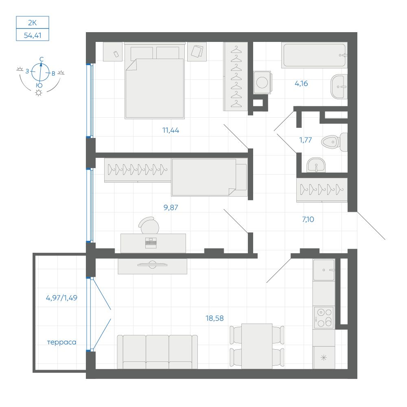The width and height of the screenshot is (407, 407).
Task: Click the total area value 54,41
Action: [x=33, y=35]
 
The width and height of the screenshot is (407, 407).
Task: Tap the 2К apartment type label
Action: [x=33, y=22]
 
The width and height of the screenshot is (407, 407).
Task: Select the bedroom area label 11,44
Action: [x=171, y=130]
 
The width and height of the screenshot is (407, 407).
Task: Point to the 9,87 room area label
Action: [x=171, y=208]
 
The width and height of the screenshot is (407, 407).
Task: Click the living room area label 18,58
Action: [x=214, y=318]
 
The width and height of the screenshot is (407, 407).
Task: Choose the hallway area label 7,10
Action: [x=308, y=219]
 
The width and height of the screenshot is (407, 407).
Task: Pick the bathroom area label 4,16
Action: [x=301, y=83]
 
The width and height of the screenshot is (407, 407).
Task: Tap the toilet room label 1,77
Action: [x=306, y=140]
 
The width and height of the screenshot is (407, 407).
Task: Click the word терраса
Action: [x=62, y=342]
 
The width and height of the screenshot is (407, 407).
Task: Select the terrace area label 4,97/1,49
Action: [x=61, y=298]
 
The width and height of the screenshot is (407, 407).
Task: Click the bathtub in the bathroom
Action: [x=314, y=55]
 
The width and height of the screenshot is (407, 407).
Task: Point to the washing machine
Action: [x=262, y=82]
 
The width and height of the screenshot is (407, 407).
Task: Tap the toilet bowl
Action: [x=334, y=142]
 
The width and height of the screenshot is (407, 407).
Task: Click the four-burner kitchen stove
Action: [x=324, y=317]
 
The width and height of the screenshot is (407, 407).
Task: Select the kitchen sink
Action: [x=324, y=270]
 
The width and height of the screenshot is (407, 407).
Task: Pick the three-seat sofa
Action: [x=157, y=352]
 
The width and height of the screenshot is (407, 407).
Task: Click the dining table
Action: [x=257, y=346]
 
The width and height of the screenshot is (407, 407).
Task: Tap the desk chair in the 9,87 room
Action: [x=149, y=225]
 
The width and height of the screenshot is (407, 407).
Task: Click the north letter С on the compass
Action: [x=42, y=59]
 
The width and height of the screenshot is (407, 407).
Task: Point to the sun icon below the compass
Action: [x=39, y=93]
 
